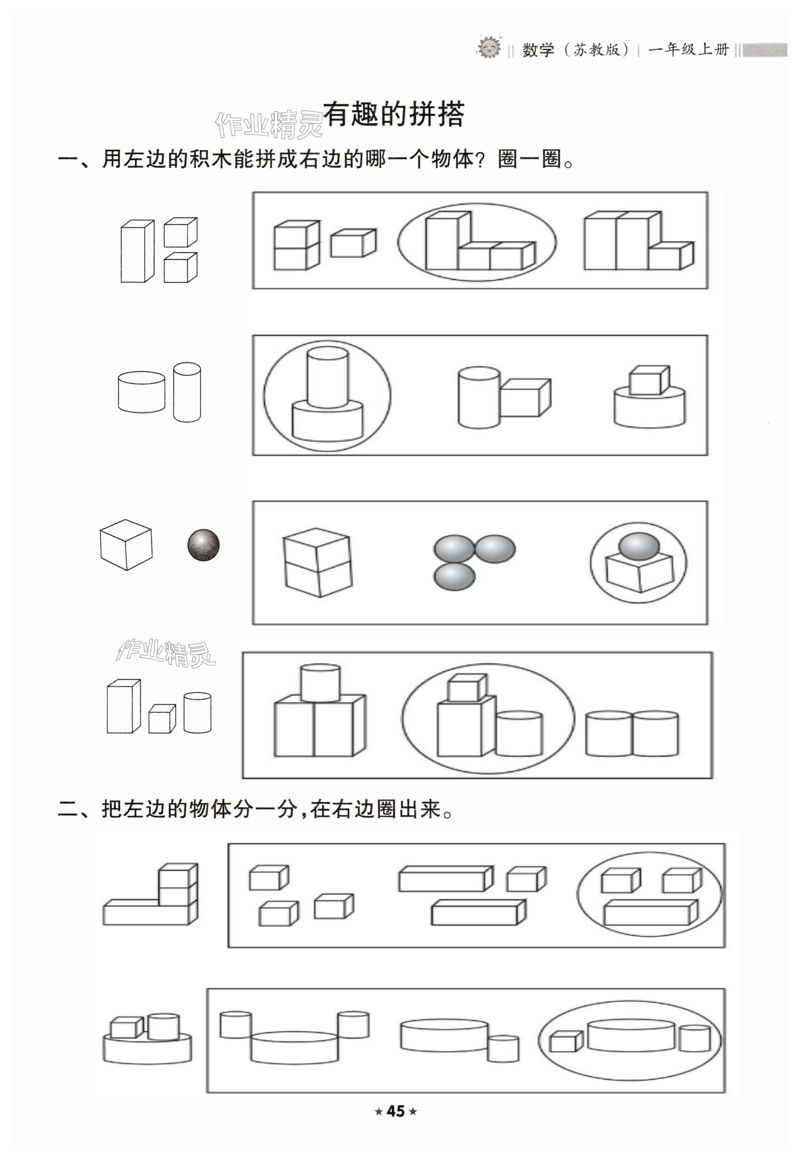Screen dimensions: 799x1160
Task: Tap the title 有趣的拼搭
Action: [x=394, y=115]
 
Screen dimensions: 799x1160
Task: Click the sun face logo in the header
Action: [x=488, y=49]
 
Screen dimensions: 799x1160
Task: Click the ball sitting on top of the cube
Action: [x=638, y=545]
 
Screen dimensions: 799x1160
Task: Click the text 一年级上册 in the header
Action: [x=689, y=49]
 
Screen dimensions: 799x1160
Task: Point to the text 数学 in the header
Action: [x=538, y=50]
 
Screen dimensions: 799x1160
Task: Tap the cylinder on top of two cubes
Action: [x=320, y=683]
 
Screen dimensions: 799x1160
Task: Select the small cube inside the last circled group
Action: [x=566, y=1041]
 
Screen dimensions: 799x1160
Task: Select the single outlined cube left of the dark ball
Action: [x=126, y=544]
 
